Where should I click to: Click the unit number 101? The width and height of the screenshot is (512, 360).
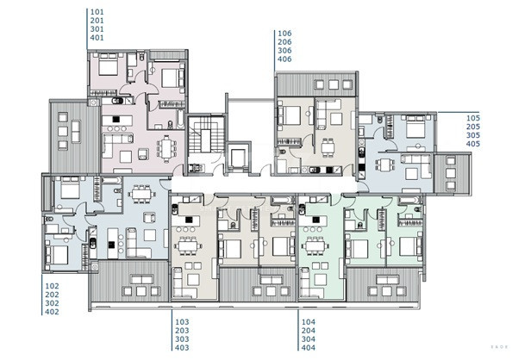[x=96, y=13]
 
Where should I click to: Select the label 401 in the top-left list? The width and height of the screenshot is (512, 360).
[x=96, y=39]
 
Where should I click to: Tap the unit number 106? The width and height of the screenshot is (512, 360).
[x=284, y=34]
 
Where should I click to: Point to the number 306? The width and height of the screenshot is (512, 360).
[x=284, y=51]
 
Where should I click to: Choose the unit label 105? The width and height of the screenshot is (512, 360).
[x=472, y=118]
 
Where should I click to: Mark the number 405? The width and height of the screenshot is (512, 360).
[x=472, y=144]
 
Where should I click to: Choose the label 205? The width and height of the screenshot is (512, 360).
[x=472, y=127]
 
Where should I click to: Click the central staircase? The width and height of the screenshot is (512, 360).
[x=203, y=137]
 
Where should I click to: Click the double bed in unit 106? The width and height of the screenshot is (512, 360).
[x=290, y=114]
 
